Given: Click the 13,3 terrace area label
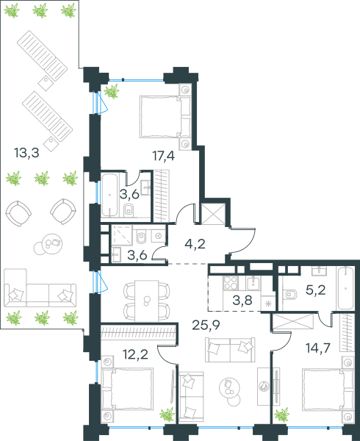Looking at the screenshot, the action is coord(26,154).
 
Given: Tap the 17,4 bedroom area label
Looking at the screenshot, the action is coord(164,156).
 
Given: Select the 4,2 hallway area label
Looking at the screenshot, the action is coord(195,244).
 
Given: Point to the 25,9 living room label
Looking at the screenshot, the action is coord(206,325).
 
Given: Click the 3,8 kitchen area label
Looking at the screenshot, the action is coord(242,301).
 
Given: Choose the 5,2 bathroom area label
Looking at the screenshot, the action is coord(316,290).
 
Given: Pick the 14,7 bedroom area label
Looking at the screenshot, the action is coord(318,348).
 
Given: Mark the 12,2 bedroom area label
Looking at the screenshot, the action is coord(136,355).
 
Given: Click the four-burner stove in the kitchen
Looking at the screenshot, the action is coord(231,283).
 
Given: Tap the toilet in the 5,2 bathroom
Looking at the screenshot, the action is coord(289,295).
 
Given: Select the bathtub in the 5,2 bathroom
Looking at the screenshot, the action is coord(345,289).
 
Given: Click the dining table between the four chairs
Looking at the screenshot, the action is coord(146,301).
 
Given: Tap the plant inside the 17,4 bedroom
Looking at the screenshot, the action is coord(112,91).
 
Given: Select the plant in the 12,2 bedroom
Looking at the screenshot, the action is coord(168,415).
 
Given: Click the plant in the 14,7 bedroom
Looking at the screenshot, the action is coord(281,415).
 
